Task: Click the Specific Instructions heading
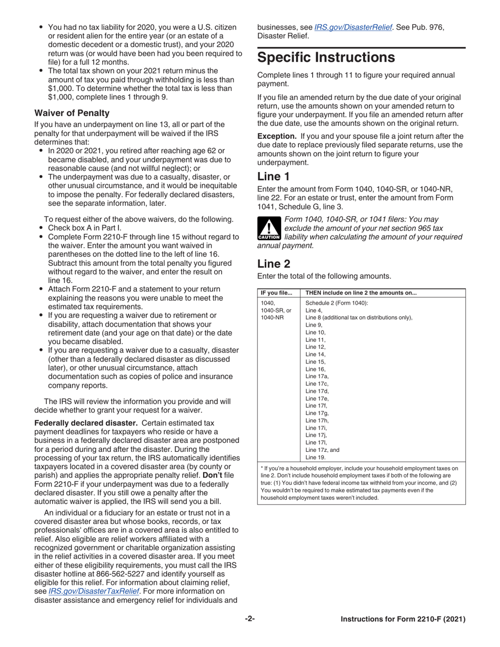click(x=326, y=57)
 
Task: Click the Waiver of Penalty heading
click(x=72, y=113)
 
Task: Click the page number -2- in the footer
click(x=249, y=619)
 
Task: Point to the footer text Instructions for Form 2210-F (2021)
click(x=403, y=619)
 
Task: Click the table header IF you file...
click(x=276, y=293)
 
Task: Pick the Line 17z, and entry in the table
click(x=322, y=450)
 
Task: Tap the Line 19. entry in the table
click(x=315, y=457)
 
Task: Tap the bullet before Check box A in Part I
click(x=42, y=228)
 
